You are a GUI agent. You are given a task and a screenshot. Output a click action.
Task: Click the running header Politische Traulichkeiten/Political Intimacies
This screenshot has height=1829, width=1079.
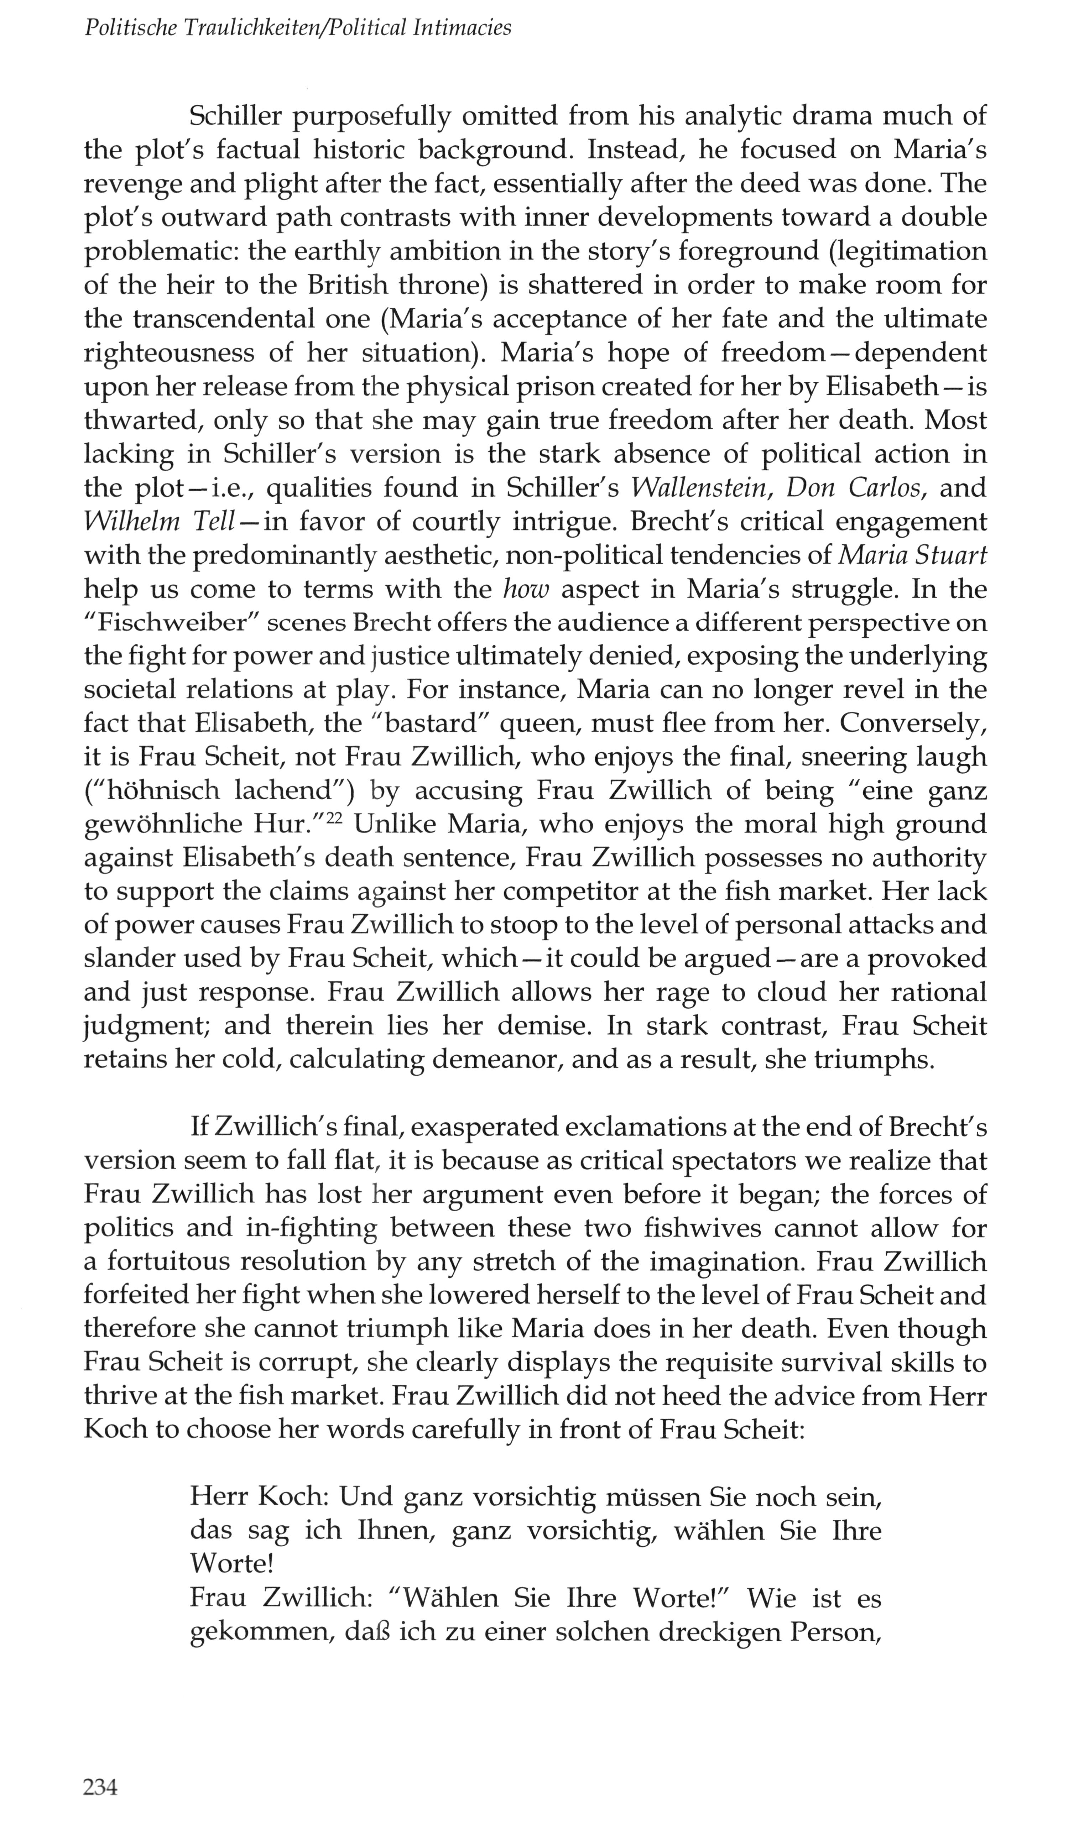(298, 28)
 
